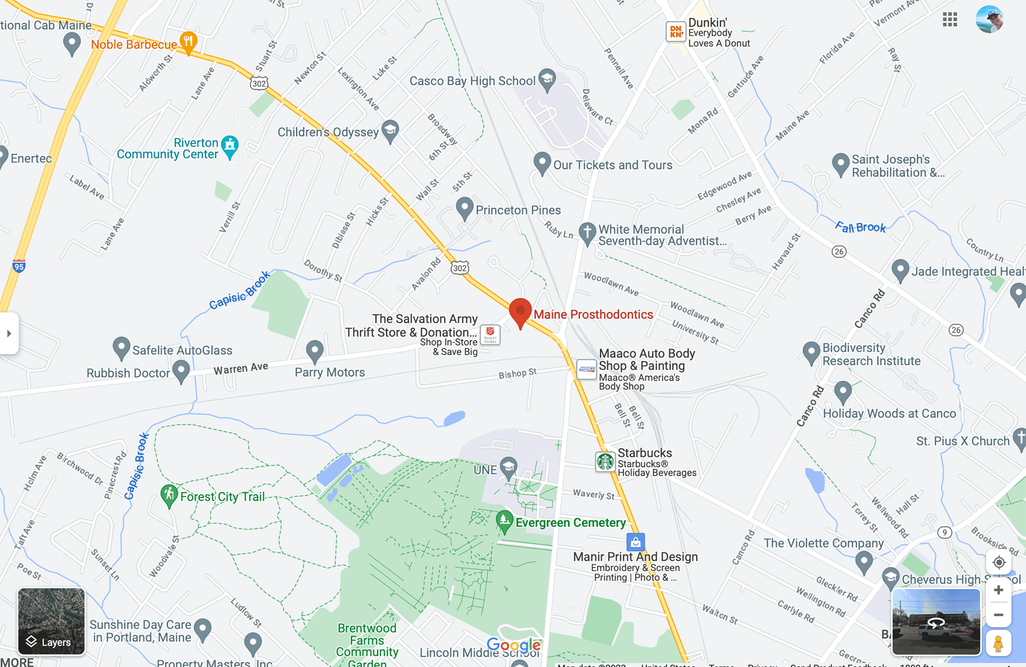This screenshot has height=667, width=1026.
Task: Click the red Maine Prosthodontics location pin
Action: pos(520,311)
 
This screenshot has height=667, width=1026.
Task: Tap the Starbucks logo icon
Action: pos(605,462)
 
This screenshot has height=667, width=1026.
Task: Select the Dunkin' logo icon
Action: pos(676,32)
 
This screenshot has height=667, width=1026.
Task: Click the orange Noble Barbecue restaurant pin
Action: pos(188,42)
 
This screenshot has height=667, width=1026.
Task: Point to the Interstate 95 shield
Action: pos(19,266)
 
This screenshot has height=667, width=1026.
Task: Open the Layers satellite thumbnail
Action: pos(51,621)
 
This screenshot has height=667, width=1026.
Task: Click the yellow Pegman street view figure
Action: pos(998,643)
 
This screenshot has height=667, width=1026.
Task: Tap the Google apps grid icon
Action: pos(950,19)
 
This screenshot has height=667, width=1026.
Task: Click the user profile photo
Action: pos(990,19)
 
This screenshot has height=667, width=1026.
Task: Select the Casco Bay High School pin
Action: pos(547,79)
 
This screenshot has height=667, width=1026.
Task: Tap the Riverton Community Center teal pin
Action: pos(230,146)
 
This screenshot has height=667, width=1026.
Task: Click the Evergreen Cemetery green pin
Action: pos(504,520)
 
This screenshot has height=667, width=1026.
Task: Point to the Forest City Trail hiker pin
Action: pos(169,495)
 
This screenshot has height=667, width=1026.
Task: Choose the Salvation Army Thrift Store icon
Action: pos(490,335)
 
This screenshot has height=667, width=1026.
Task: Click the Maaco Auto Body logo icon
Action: pos(586,369)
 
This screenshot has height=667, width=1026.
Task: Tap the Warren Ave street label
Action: pos(241,368)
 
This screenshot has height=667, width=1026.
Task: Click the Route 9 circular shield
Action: pos(944,532)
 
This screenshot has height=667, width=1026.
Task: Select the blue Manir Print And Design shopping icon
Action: pos(636,542)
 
